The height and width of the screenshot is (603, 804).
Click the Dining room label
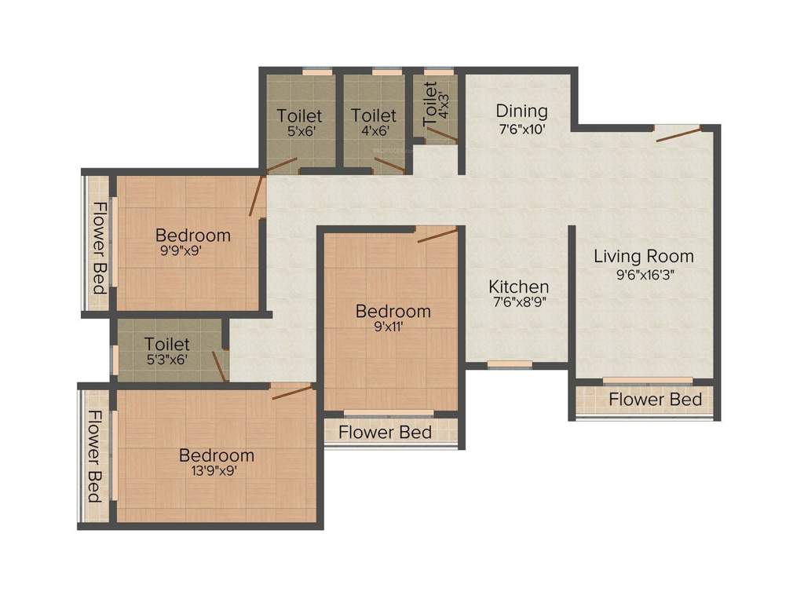pyautogui.click(x=521, y=111)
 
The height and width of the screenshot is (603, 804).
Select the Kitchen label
pyautogui.click(x=518, y=287)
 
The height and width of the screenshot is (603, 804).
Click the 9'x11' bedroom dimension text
pyautogui.click(x=393, y=328)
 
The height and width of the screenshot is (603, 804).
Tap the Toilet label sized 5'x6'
pyautogui.click(x=299, y=115)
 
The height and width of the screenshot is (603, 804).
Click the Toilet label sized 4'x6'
pyautogui.click(x=373, y=115)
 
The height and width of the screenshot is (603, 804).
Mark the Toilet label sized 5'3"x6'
pyautogui.click(x=166, y=344)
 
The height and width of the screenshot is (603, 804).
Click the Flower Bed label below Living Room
pyautogui.click(x=655, y=400)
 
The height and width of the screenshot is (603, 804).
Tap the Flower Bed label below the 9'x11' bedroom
pyautogui.click(x=385, y=432)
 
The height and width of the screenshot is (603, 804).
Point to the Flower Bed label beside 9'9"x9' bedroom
pyautogui.click(x=100, y=247)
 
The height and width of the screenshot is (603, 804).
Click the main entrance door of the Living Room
pyautogui.click(x=677, y=133)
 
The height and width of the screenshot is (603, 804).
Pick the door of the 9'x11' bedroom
pyautogui.click(x=437, y=235)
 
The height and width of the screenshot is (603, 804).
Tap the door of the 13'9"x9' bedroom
pyautogui.click(x=291, y=392)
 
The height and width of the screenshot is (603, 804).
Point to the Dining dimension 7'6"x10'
pyautogui.click(x=521, y=129)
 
